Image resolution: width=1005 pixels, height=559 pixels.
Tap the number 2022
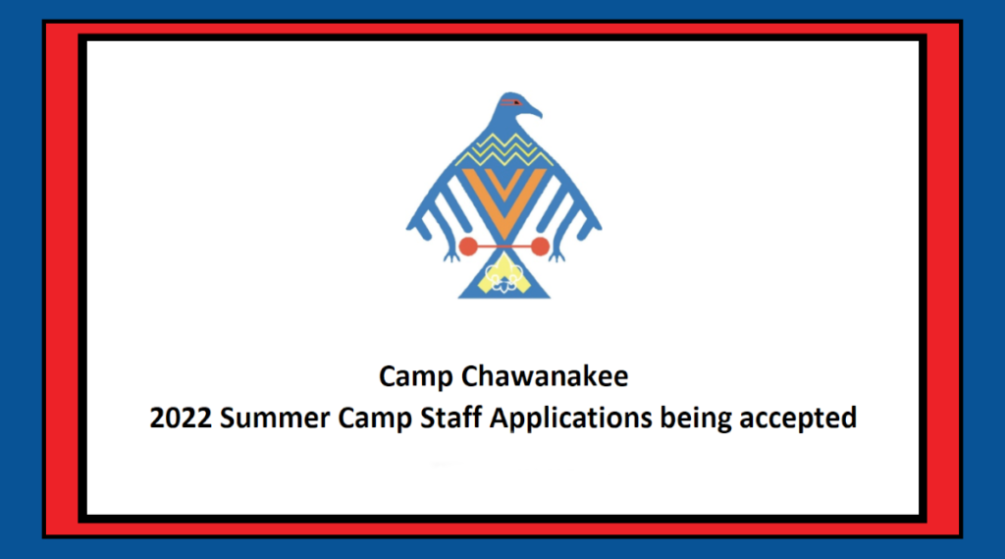tap(181, 418)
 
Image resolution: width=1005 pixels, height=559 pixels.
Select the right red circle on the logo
tap(540, 245)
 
